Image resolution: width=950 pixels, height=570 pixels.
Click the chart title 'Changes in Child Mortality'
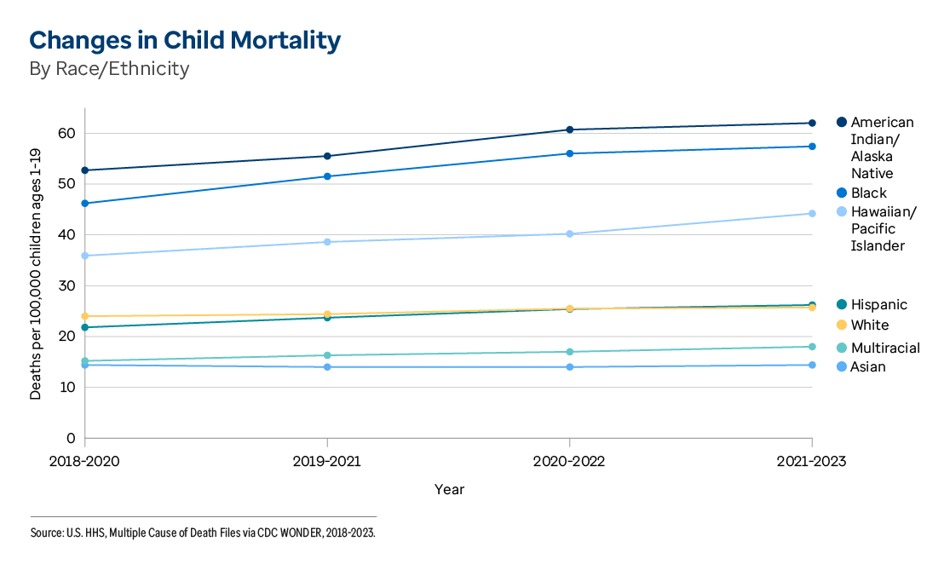(185, 40)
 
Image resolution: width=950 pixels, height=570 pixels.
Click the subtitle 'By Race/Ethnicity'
(109, 69)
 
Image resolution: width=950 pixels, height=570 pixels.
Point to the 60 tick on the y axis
(66, 134)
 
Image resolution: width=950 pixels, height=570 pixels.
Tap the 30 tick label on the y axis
(66, 286)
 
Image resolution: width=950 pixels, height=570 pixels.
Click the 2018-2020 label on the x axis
(85, 461)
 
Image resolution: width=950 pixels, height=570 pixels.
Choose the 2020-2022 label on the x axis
(569, 461)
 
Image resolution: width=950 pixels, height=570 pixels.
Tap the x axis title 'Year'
(449, 490)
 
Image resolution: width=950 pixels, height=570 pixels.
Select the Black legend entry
(868, 193)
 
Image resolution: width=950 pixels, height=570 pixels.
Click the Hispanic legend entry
(878, 305)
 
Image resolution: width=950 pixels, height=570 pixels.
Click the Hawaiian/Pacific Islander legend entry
(883, 229)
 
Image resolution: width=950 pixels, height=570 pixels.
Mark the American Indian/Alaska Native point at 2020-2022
(570, 130)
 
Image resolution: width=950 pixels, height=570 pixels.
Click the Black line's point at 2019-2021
(327, 176)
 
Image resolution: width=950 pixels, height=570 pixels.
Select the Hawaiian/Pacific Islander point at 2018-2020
(85, 256)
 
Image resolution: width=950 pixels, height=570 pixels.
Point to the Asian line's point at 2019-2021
(327, 367)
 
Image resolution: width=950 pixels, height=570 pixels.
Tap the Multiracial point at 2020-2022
(570, 352)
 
